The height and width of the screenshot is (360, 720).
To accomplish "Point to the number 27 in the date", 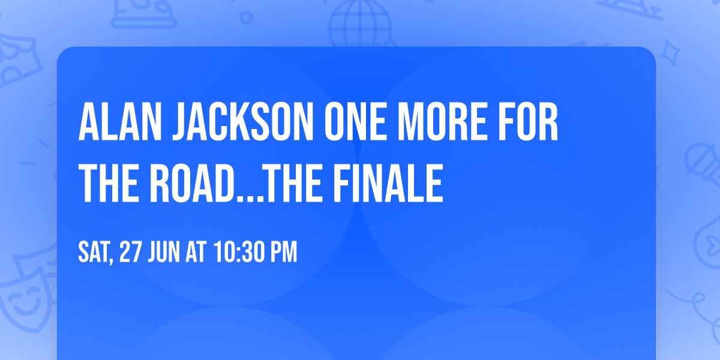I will pos(131,253).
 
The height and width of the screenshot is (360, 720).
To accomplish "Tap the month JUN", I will pos(164,253).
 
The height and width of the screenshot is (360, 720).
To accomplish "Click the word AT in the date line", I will pos(196,253).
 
